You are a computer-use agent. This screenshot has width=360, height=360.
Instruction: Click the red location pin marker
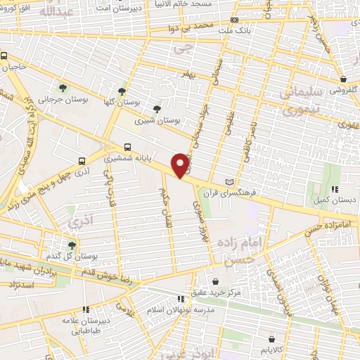click(181, 165)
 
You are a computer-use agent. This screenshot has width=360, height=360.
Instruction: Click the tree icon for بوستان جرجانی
click(64, 88)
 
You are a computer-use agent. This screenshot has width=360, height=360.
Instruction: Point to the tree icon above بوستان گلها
click(122, 91)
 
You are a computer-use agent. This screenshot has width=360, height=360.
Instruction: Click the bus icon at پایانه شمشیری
click(127, 147)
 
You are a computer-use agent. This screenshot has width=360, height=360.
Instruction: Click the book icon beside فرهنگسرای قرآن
click(229, 183)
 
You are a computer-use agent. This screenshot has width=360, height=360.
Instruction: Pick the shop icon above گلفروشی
click(343, 79)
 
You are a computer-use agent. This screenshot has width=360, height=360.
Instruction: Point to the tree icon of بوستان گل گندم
click(72, 245)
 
